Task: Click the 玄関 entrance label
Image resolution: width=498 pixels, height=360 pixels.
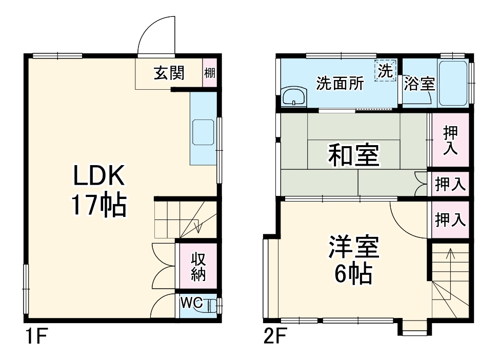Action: pyautogui.click(x=169, y=73)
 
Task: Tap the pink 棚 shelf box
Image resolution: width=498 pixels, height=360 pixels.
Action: pyautogui.click(x=210, y=73)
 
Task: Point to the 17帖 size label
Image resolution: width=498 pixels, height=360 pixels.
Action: pyautogui.click(x=99, y=205)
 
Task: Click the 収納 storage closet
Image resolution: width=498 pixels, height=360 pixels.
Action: pyautogui.click(x=198, y=266)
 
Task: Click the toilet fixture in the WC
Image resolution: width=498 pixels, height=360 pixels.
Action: pyautogui.click(x=212, y=306)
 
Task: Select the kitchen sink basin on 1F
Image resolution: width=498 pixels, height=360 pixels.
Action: pyautogui.click(x=203, y=132)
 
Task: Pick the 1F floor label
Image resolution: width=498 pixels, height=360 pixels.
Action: pyautogui.click(x=36, y=338)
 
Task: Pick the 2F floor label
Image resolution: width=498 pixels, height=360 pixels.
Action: pyautogui.click(x=275, y=338)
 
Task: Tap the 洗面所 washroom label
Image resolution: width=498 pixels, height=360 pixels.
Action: pyautogui.click(x=340, y=83)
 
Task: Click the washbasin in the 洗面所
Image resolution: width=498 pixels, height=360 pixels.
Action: pyautogui.click(x=293, y=96)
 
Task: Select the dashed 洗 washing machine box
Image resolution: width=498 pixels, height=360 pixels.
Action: pyautogui.click(x=386, y=70)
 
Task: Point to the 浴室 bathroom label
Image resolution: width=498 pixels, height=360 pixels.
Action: pyautogui.click(x=419, y=84)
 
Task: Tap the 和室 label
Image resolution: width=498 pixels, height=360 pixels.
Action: pyautogui.click(x=353, y=155)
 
